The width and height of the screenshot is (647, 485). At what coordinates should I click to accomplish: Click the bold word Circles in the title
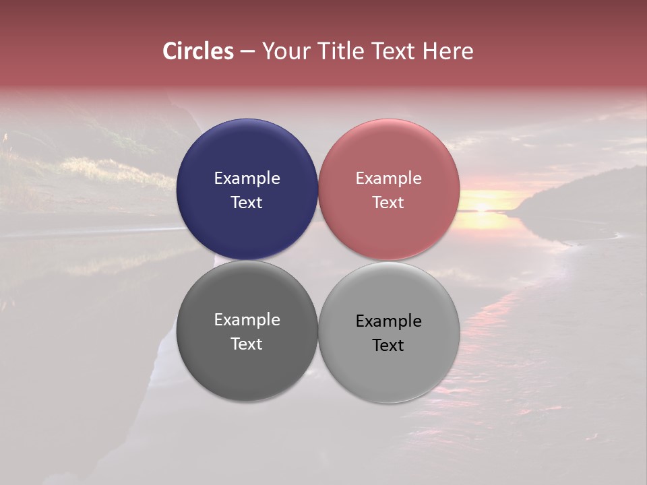pos(198,51)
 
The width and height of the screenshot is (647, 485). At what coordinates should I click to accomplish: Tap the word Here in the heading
pos(448,51)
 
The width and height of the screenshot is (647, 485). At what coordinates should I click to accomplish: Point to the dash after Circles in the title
pos(247,52)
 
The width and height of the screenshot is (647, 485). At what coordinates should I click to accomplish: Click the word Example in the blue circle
pos(247,179)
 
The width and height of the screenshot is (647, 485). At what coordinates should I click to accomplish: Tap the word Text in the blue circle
pos(247,203)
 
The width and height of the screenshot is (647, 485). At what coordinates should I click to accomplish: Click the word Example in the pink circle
pos(389,179)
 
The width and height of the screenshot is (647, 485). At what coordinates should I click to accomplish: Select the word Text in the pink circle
pos(389,203)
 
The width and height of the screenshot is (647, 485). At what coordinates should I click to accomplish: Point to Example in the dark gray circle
pos(247,320)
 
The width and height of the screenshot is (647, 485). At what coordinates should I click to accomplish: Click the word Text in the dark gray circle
pos(247,344)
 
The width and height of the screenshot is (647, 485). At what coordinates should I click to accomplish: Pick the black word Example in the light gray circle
pos(389,321)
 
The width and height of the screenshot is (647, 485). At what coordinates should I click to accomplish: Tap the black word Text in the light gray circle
pos(389,346)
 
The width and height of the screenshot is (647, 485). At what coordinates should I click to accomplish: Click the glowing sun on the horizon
pos(481,206)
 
